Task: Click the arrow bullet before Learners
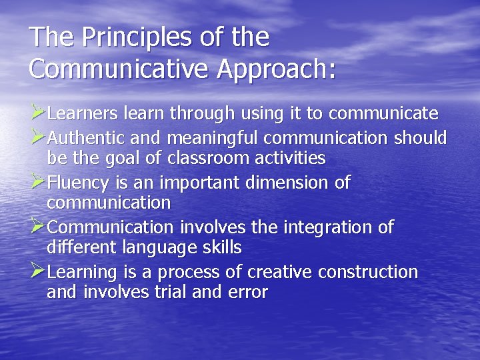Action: click(38, 113)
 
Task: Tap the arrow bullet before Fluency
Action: click(38, 181)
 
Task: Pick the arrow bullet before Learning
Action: click(38, 271)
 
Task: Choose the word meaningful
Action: click(214, 138)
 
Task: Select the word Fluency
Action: click(81, 183)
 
